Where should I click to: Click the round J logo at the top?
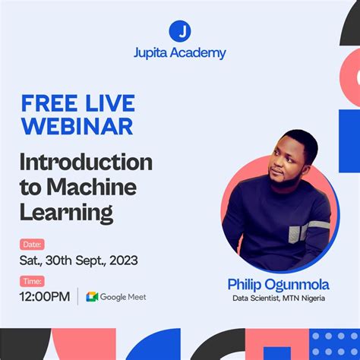click(x=180, y=31)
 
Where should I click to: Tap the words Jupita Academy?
click(x=180, y=54)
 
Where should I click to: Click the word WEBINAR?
click(x=77, y=125)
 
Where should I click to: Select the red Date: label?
click(x=32, y=245)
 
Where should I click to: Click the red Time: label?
click(x=32, y=281)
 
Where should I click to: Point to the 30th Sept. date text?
click(x=79, y=261)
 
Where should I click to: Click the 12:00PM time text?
click(x=45, y=296)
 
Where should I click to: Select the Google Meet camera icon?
click(x=92, y=297)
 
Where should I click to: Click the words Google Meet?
click(x=123, y=297)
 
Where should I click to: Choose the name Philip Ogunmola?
click(x=278, y=284)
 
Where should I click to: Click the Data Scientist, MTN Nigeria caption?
click(x=278, y=298)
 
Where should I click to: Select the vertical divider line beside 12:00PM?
click(x=77, y=296)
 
